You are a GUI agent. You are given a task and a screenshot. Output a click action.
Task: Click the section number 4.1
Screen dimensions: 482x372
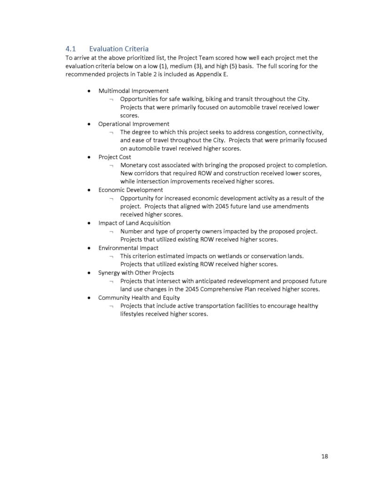pyautogui.click(x=70, y=49)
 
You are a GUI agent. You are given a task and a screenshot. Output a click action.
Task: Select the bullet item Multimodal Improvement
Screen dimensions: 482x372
pyautogui.click(x=133, y=91)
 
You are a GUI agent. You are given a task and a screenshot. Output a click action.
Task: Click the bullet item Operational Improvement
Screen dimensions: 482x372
pyautogui.click(x=134, y=124)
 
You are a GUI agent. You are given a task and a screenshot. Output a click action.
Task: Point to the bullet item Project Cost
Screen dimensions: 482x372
pyautogui.click(x=114, y=157)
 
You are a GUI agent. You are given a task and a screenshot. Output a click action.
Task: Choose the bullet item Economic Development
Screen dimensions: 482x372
pyautogui.click(x=130, y=190)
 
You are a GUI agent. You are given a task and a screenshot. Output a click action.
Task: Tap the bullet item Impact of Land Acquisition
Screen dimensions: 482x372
pyautogui.click(x=134, y=223)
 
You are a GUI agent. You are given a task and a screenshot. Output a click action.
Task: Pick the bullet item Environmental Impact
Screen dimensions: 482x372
pyautogui.click(x=128, y=248)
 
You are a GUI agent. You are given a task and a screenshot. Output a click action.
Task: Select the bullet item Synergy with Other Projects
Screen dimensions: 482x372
pyautogui.click(x=136, y=273)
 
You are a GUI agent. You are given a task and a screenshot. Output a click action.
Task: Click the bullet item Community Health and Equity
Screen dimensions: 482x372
pyautogui.click(x=139, y=297)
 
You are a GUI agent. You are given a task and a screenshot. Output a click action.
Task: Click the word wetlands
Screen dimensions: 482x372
pyautogui.click(x=233, y=256)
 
